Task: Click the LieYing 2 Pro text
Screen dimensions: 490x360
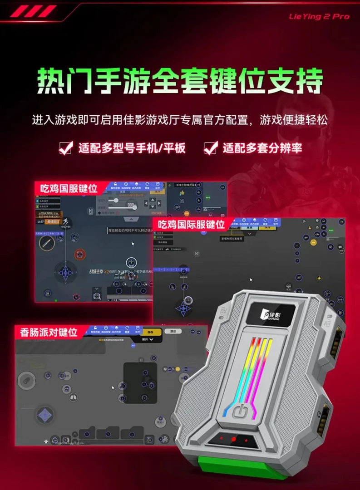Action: click(x=319, y=16)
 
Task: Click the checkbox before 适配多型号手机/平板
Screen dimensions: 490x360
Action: click(x=66, y=148)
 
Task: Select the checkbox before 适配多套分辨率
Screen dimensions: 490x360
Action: click(x=210, y=148)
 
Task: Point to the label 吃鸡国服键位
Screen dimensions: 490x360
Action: click(x=69, y=188)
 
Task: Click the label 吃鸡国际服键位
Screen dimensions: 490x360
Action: click(x=191, y=224)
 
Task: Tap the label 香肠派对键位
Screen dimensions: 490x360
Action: click(x=49, y=332)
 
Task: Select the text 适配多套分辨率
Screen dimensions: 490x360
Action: click(x=262, y=148)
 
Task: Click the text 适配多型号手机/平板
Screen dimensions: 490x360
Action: click(x=132, y=148)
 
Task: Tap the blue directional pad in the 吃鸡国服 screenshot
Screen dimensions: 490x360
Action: click(x=66, y=272)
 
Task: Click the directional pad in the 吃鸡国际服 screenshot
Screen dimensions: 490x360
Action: click(x=183, y=309)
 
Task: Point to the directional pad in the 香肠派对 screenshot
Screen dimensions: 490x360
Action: click(x=45, y=414)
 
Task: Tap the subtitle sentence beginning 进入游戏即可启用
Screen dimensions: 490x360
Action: click(x=180, y=120)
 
